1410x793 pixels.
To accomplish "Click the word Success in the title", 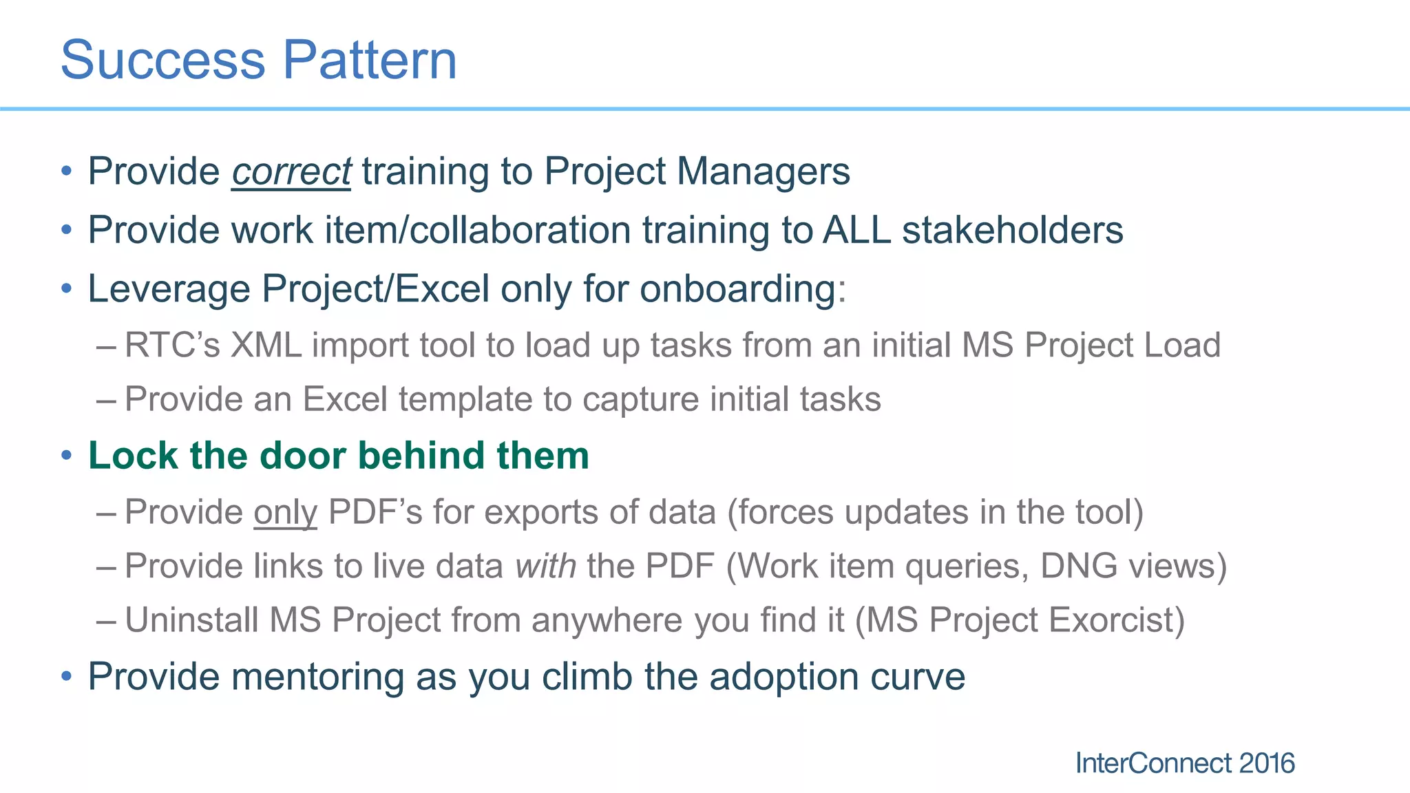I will [162, 60].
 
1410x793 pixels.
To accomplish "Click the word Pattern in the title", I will [370, 60].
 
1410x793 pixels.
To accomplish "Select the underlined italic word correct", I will [291, 171].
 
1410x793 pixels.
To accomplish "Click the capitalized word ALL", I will [856, 230].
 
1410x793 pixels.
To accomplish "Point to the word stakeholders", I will [1012, 230].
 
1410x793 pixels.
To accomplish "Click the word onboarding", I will [738, 289].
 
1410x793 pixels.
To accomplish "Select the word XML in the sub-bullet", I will [266, 345].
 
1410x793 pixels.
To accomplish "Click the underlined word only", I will [285, 513].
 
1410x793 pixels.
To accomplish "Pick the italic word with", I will [545, 566].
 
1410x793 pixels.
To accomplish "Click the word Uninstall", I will [191, 620].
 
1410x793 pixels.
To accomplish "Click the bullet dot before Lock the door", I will [66, 456].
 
